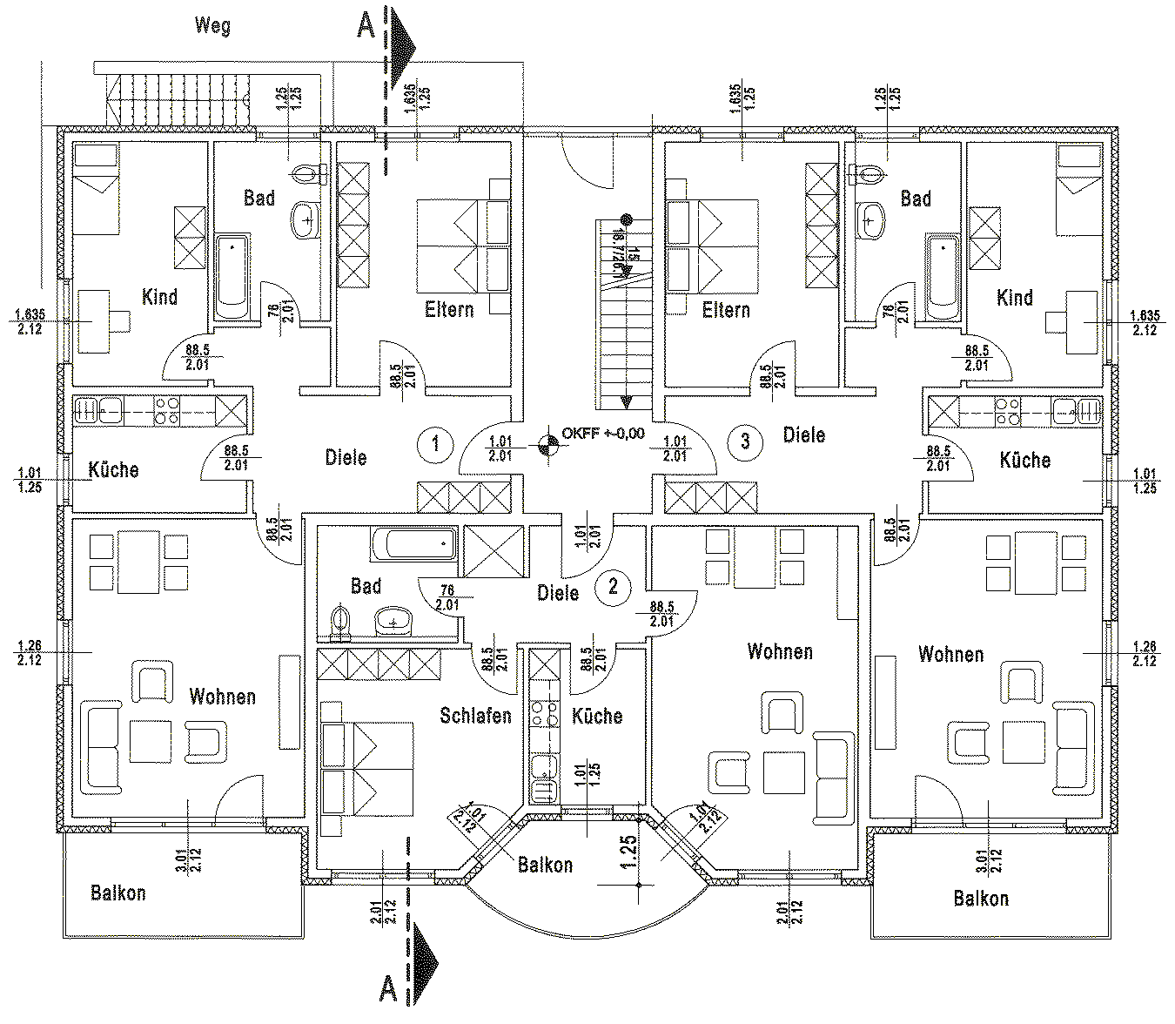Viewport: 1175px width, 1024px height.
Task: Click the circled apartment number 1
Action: point(435,445)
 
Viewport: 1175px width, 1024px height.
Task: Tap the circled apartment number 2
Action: point(613,587)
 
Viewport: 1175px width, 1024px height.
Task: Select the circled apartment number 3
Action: point(745,441)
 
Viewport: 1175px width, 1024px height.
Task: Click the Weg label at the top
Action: point(212,24)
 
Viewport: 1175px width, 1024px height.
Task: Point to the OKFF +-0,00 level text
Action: point(603,433)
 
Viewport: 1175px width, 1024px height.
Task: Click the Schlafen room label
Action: point(475,716)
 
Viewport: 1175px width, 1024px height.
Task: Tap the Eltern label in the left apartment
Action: point(449,309)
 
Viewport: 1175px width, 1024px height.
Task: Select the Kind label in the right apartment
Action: point(1015,298)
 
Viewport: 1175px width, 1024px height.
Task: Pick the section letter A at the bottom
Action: point(389,988)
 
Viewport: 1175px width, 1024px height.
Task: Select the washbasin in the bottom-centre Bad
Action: point(394,622)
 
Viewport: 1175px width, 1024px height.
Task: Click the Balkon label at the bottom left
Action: point(118,893)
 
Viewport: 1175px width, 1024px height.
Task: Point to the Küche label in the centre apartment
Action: point(597,716)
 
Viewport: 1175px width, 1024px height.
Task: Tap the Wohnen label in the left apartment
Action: point(223,697)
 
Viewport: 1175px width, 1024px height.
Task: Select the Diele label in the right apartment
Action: point(803,435)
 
